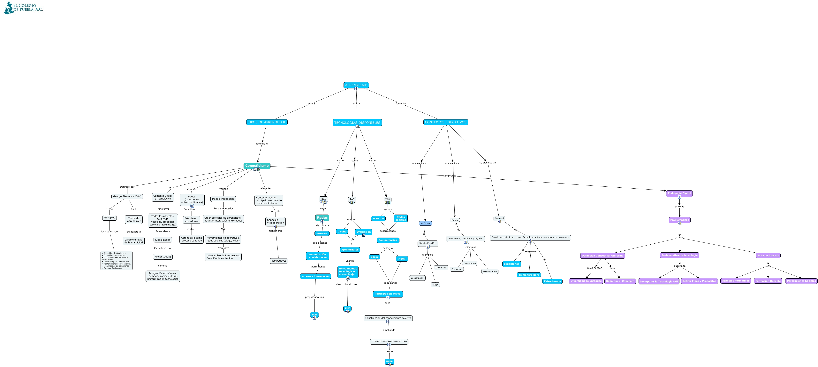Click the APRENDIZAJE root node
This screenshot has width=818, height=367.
[356, 85]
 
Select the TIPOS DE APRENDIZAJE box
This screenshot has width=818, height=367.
[267, 122]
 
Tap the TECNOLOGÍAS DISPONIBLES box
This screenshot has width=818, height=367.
[357, 122]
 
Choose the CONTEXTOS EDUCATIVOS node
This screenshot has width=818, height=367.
[445, 122]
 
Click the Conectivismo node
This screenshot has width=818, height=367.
[257, 166]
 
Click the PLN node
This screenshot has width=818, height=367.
[314, 314]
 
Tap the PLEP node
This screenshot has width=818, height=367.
[389, 361]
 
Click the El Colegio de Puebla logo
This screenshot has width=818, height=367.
[23, 8]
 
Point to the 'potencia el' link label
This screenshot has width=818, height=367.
[262, 144]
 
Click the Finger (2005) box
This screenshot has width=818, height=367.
[163, 257]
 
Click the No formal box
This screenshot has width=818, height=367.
[425, 223]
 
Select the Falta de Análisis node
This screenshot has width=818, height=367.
[768, 255]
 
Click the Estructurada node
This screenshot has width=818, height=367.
[552, 281]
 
